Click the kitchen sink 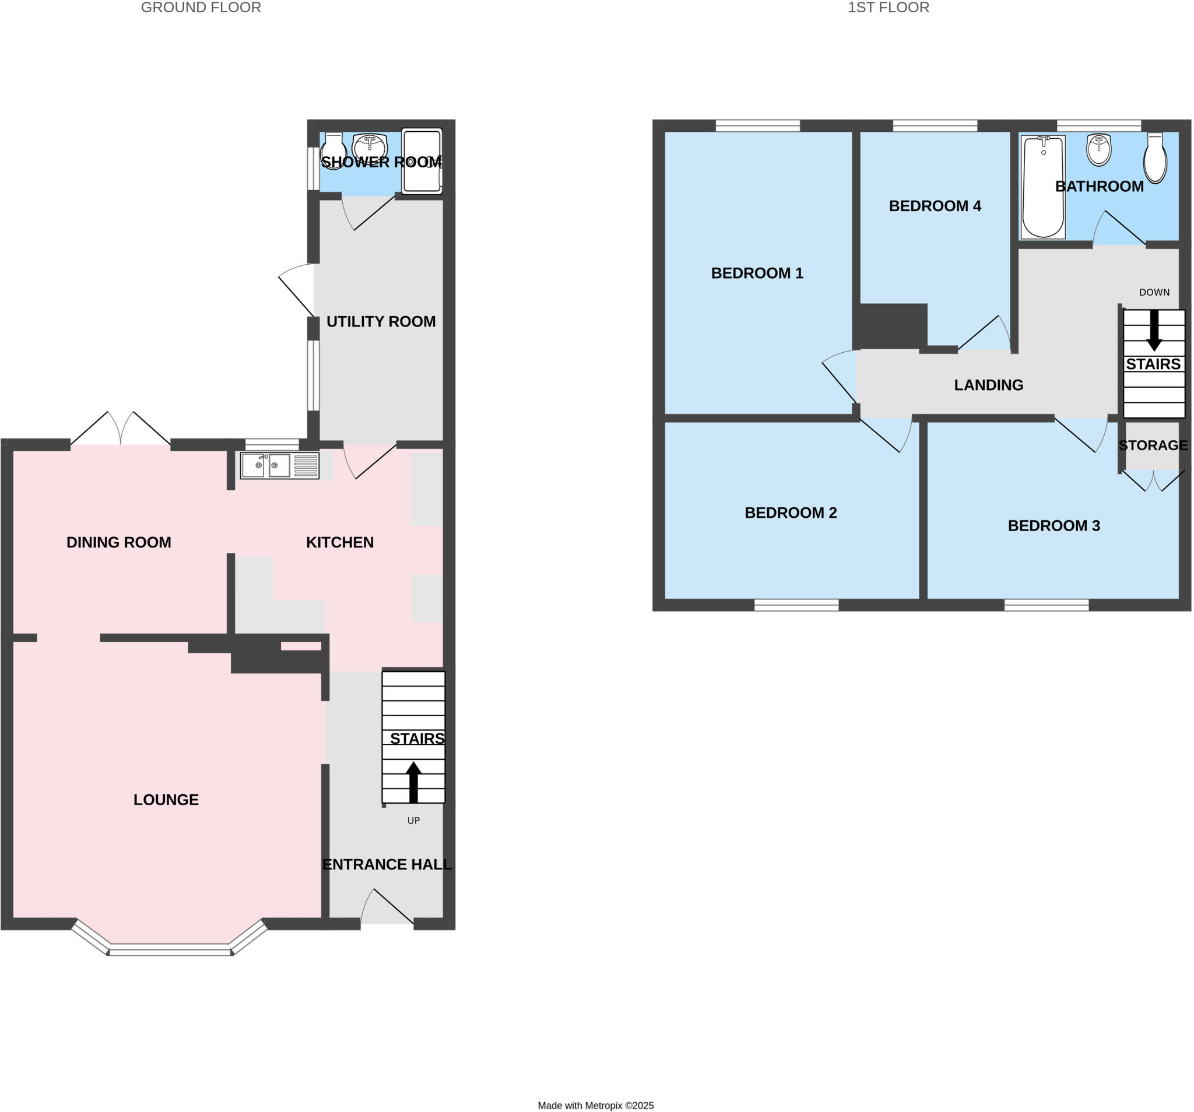(x=279, y=465)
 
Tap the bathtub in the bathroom (x=1043, y=187)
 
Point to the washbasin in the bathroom (x=1098, y=150)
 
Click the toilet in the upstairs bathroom (x=1154, y=159)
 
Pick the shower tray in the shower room (x=422, y=161)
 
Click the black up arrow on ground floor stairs (x=413, y=782)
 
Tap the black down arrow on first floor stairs (x=1154, y=331)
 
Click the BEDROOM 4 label (x=935, y=206)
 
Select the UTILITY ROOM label (x=381, y=321)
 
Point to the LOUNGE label (x=166, y=799)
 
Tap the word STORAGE (x=1153, y=445)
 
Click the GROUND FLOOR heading (x=201, y=8)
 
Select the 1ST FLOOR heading (x=889, y=8)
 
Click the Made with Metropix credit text (x=595, y=1106)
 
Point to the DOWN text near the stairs (x=1154, y=293)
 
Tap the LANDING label (x=989, y=385)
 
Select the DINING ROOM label (x=118, y=542)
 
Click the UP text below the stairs (x=413, y=820)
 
